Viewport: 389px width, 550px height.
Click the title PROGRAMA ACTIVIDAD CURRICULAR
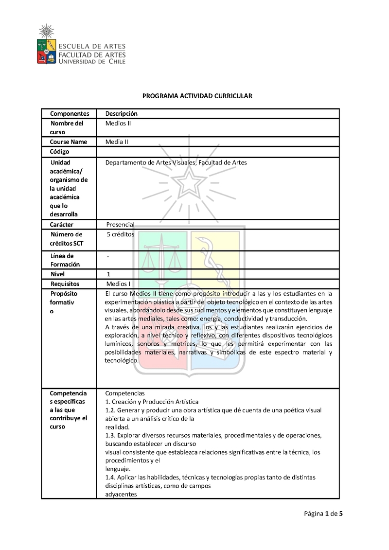coord(197,96)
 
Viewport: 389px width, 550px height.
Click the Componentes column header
coord(70,114)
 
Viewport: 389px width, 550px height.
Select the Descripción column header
coord(122,114)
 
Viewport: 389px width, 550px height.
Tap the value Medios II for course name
coord(118,124)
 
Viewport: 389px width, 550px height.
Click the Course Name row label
coord(69,142)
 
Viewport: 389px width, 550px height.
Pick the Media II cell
coord(117,142)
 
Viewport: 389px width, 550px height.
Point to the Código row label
coord(59,152)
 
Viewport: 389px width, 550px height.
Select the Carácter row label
coord(62,225)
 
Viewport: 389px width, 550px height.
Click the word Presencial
coord(120,225)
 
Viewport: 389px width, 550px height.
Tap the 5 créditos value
coord(120,234)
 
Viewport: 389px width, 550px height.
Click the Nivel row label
coord(57,274)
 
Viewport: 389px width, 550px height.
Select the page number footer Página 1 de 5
coord(324,514)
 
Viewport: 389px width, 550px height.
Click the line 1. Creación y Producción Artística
coord(152,402)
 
